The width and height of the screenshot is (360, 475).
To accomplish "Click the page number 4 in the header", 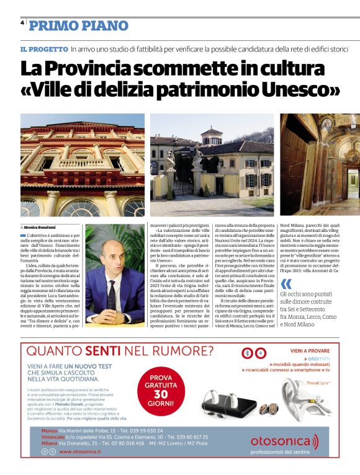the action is pos(22,23).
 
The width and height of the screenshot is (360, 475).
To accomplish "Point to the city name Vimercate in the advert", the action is pos(54,437).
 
